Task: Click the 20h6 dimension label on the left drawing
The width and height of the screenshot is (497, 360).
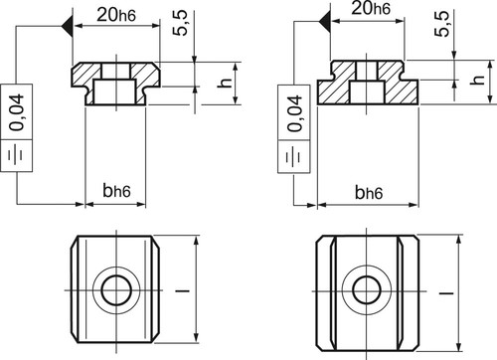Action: [x=116, y=15]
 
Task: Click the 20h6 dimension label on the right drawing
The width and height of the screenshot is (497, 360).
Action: [x=371, y=8]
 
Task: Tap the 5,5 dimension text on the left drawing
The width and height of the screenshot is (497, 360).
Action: [x=180, y=23]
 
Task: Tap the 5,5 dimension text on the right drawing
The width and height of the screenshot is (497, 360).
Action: [x=442, y=23]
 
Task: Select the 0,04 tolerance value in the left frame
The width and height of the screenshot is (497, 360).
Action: [x=17, y=112]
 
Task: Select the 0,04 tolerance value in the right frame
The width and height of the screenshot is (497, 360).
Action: [x=294, y=113]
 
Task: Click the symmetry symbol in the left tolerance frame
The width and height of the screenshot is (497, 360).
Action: [x=16, y=155]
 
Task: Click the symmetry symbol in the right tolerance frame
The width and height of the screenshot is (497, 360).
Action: [x=294, y=156]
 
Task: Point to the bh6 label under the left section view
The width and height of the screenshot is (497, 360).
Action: [x=116, y=191]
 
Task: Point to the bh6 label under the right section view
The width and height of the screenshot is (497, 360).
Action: [x=369, y=192]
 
